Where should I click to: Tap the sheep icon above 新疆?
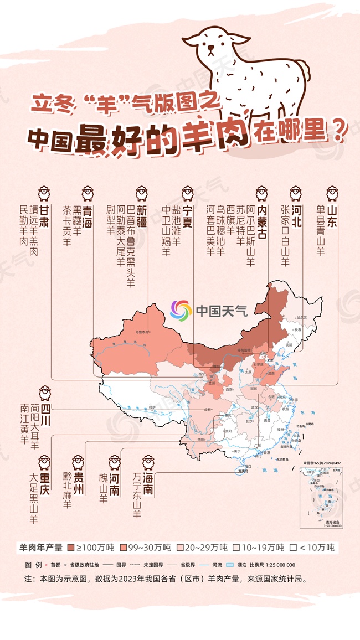click(x=142, y=193)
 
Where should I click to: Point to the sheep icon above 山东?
click(x=332, y=193)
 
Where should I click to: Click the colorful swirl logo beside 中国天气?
click(x=181, y=311)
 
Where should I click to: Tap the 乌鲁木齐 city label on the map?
click(x=143, y=332)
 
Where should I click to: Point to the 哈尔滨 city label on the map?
click(x=301, y=317)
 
